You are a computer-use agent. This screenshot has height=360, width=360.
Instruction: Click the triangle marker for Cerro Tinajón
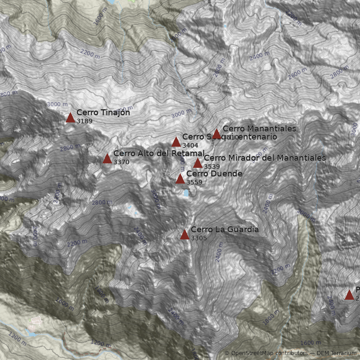pyautogui.click(x=70, y=118)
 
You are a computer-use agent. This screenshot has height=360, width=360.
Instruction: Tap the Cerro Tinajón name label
pyautogui.click(x=103, y=112)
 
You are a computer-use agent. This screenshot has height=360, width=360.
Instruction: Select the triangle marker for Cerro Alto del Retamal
pyautogui.click(x=107, y=158)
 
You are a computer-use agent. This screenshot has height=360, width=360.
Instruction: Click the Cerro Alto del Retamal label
pyautogui.click(x=158, y=154)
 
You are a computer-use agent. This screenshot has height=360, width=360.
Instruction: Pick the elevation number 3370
pyautogui.click(x=121, y=162)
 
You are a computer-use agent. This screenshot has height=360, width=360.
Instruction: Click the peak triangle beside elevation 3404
pyautogui.click(x=176, y=142)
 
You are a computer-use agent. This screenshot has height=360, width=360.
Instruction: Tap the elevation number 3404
pyautogui.click(x=190, y=145)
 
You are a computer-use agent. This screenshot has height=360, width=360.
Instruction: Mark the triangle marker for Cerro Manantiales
pyautogui.click(x=216, y=134)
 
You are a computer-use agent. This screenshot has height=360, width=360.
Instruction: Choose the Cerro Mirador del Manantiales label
pyautogui.click(x=265, y=158)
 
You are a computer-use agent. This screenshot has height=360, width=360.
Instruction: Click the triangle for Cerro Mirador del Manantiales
pyautogui.click(x=198, y=163)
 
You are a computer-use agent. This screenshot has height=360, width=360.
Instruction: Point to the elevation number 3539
pyautogui.click(x=212, y=166)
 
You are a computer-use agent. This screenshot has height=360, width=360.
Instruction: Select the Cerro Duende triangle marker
pyautogui.click(x=180, y=179)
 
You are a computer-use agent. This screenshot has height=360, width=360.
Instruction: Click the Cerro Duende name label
pyautogui.click(x=214, y=174)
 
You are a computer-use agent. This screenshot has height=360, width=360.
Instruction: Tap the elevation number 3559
pyautogui.click(x=194, y=182)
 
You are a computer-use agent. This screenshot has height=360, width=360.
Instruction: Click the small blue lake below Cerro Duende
pyautogui.click(x=186, y=193)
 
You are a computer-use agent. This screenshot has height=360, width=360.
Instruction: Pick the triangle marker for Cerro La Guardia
pyautogui.click(x=184, y=234)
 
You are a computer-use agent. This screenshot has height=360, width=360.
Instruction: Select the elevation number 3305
pyautogui.click(x=199, y=238)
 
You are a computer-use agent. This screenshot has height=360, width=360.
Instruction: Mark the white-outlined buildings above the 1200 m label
pyautogui.click(x=36, y=320)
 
